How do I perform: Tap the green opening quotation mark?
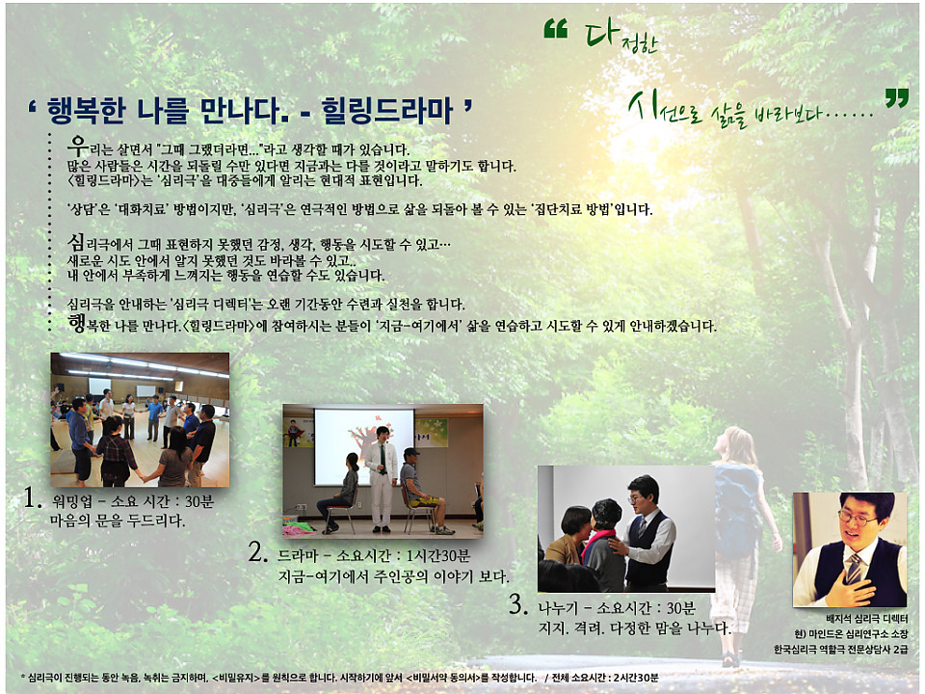[555, 28]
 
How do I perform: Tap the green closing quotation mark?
[897, 98]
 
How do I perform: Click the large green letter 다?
[601, 33]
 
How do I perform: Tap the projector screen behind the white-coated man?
[363, 446]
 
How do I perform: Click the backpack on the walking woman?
[737, 501]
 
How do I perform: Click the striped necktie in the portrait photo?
[854, 568]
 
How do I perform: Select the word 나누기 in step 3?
[558, 608]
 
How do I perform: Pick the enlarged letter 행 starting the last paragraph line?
[77, 323]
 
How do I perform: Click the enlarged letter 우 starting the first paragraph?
[77, 145]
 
